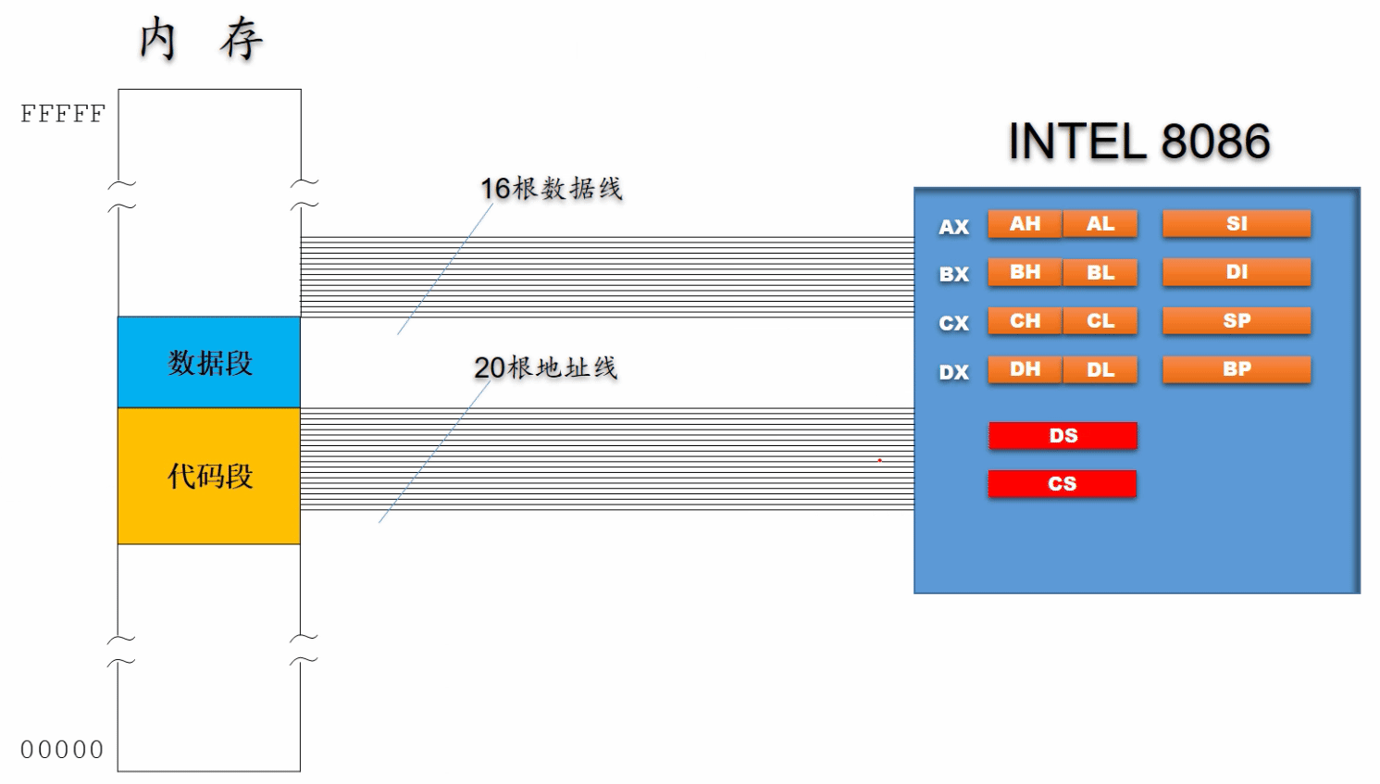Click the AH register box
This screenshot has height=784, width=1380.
point(1026,224)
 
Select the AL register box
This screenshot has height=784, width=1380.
point(1100,224)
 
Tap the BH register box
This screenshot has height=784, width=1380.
point(1026,272)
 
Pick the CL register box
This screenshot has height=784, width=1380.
point(1100,321)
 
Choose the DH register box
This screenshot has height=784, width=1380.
point(1026,370)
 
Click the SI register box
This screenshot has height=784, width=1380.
point(1237,224)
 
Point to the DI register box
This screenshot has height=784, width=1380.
point(1237,272)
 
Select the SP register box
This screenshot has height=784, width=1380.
point(1237,321)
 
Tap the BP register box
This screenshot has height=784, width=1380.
point(1237,370)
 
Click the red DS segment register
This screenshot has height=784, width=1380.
point(1063,436)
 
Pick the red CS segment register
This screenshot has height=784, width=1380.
point(1063,484)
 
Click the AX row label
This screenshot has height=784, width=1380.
point(953,227)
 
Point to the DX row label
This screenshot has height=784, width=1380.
point(953,372)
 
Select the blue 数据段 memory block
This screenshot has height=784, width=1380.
point(209,363)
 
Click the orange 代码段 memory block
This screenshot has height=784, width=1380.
point(209,476)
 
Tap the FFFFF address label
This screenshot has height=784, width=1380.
point(63,114)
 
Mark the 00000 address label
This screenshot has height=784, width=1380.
point(62,750)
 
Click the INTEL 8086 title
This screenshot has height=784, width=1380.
point(1139,142)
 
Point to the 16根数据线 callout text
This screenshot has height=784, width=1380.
point(552,189)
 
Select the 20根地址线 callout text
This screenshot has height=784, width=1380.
point(546,368)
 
